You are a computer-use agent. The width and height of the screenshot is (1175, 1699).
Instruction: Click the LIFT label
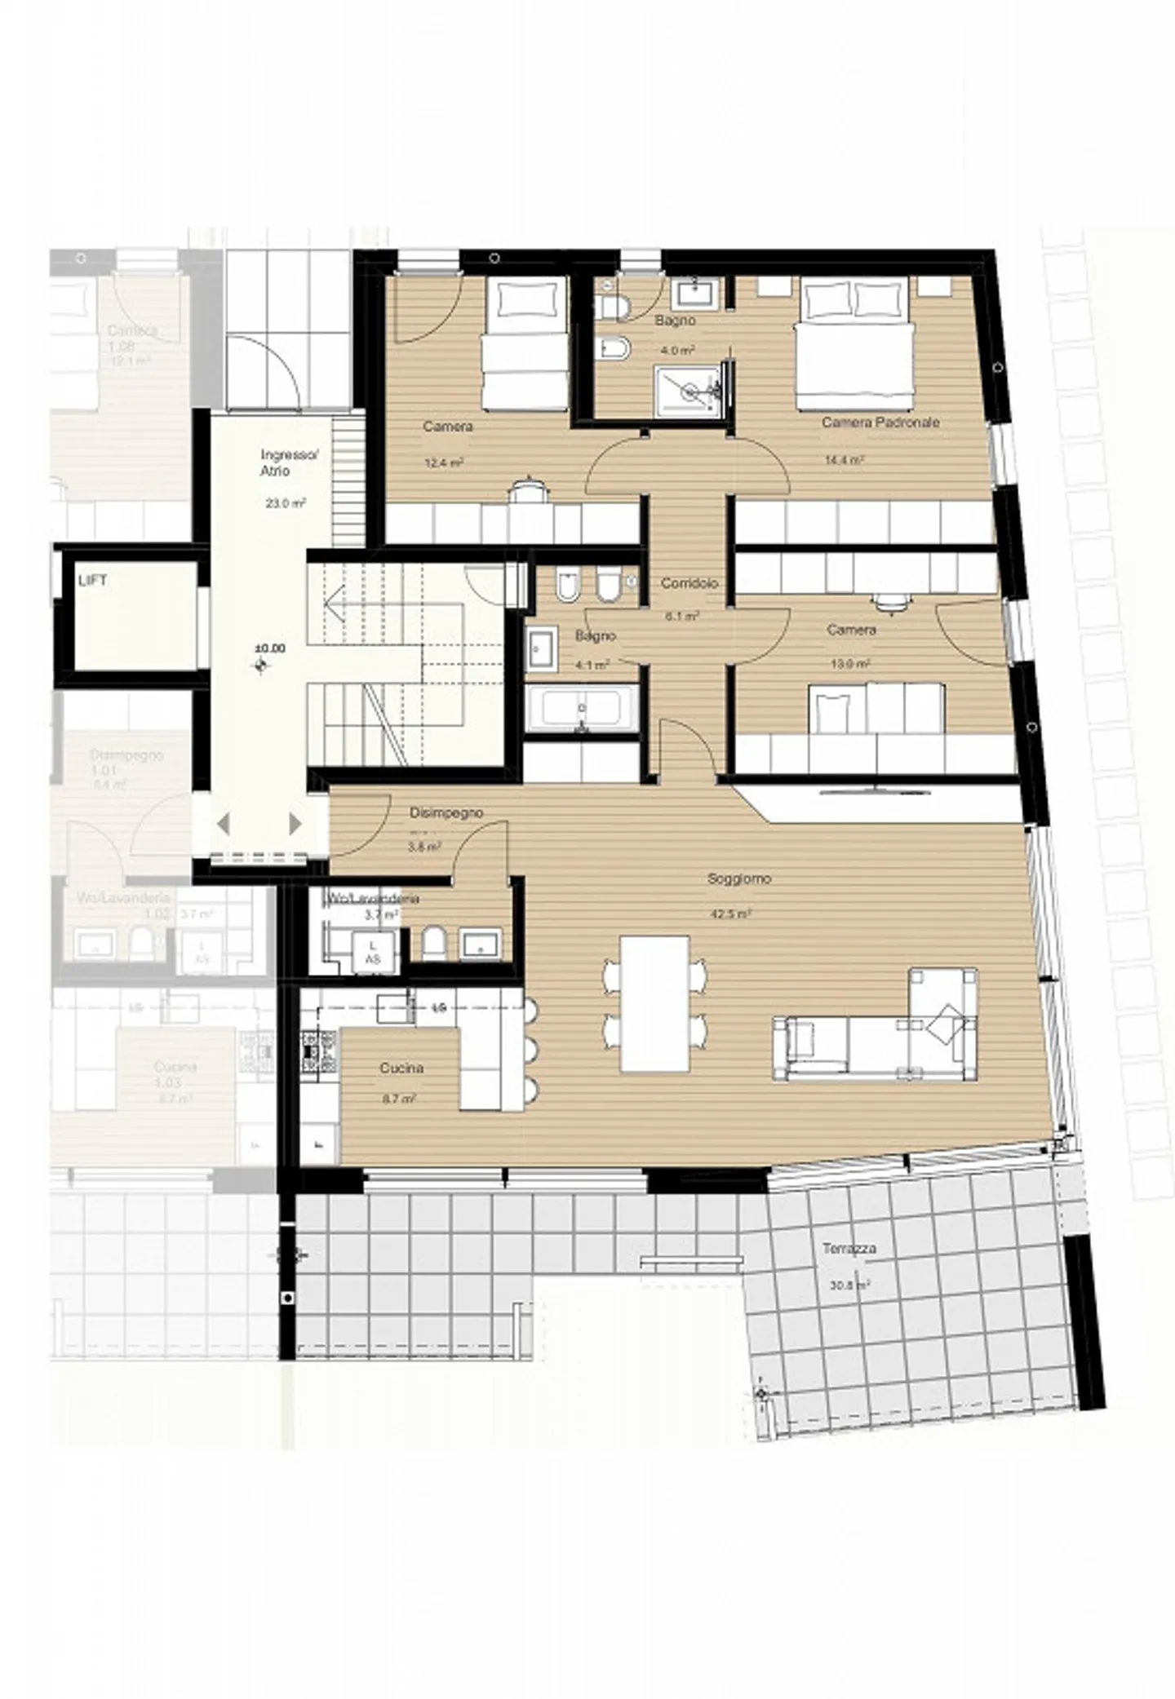92,581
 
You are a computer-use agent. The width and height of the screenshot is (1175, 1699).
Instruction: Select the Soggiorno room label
738,879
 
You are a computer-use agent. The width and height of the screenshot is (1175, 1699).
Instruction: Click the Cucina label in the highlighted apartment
401,1068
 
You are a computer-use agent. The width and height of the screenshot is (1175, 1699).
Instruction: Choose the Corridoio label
689,583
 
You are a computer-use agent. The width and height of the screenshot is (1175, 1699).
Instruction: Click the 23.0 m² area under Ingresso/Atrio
285,503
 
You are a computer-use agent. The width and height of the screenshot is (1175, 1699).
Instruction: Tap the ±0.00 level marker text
270,648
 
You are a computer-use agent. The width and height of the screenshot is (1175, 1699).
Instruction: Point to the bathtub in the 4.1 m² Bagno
581,708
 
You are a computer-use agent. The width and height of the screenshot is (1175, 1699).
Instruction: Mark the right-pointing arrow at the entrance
295,824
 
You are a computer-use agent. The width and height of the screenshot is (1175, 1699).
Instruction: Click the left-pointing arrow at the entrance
223,824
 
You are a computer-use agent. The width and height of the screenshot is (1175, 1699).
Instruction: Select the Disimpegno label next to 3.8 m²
446,812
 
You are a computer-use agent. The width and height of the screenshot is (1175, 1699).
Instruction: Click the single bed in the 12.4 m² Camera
524,344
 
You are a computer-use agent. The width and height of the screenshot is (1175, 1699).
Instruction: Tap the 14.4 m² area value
845,460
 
